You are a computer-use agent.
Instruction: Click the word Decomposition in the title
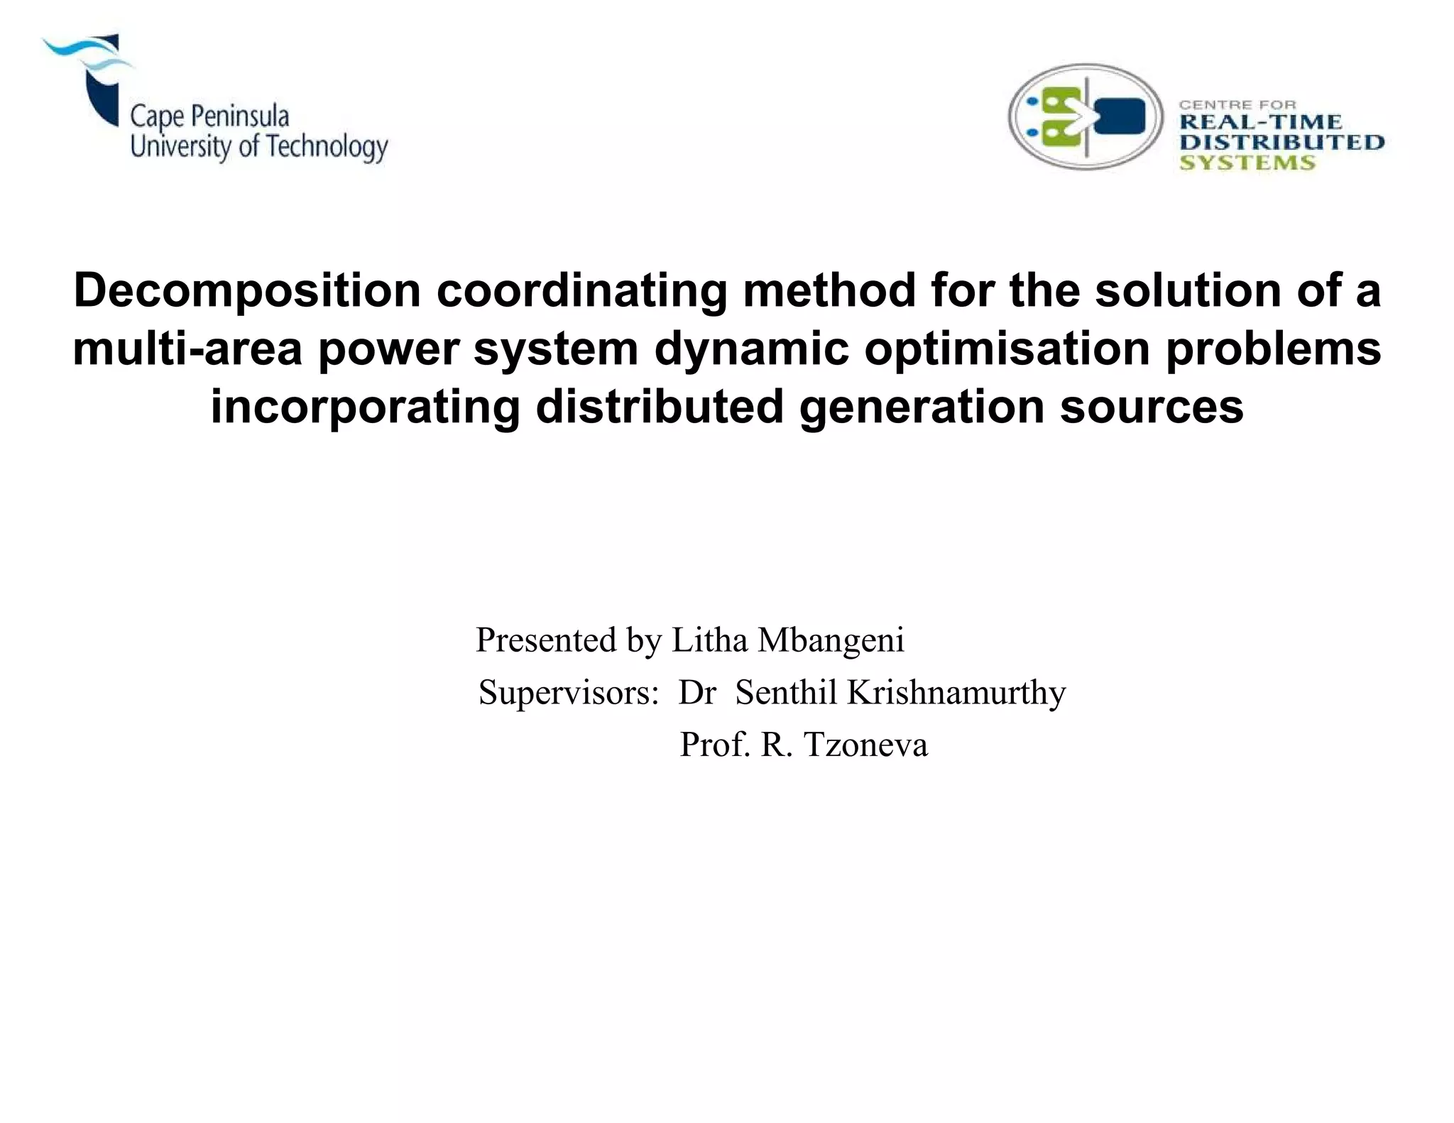tap(248, 291)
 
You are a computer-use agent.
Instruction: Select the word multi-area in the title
tap(187, 349)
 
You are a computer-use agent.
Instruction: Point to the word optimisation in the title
tap(1007, 349)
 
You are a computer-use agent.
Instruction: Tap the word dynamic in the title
tap(751, 349)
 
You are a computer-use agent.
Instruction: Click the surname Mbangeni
tap(831, 640)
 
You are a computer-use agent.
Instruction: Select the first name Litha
tap(709, 640)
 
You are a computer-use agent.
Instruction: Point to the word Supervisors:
tap(569, 693)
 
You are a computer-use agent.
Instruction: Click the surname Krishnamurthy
tap(956, 693)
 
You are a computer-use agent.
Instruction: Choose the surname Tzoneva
tap(865, 745)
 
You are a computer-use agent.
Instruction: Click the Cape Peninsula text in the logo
tap(209, 116)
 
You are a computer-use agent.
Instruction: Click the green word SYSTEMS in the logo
tap(1247, 163)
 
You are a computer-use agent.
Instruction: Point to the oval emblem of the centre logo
tap(1085, 117)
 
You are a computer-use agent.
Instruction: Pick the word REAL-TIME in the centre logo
tap(1261, 122)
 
